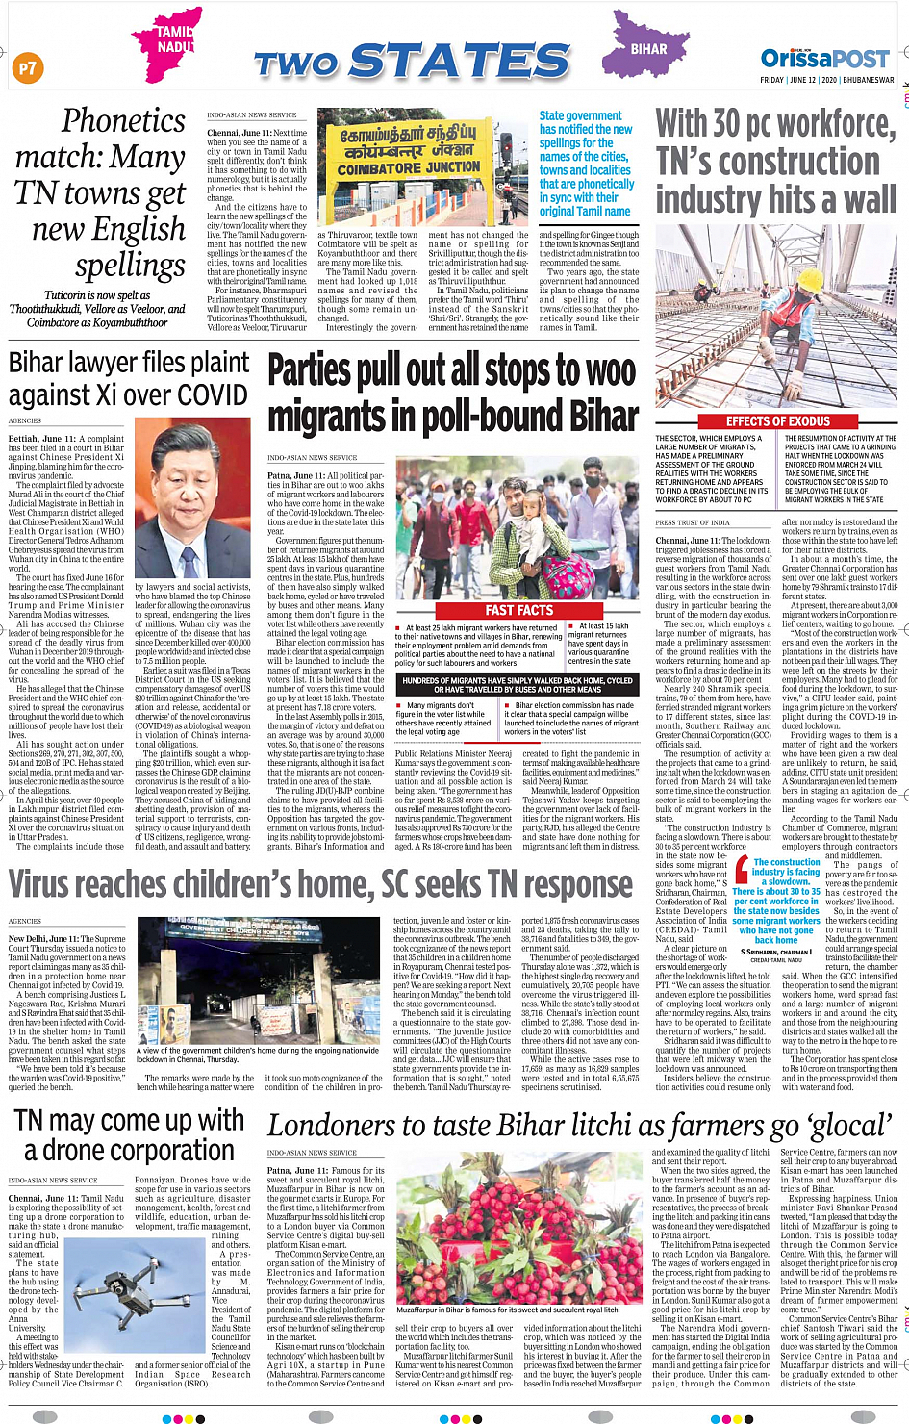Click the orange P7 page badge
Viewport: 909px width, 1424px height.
(x=27, y=67)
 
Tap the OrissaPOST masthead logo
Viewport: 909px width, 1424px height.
(x=824, y=58)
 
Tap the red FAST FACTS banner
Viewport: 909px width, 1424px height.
(x=519, y=610)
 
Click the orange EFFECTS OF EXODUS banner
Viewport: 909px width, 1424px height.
(x=777, y=421)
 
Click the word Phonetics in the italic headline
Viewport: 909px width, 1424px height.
(x=123, y=121)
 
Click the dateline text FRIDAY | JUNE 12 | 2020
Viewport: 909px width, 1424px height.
(x=826, y=81)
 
